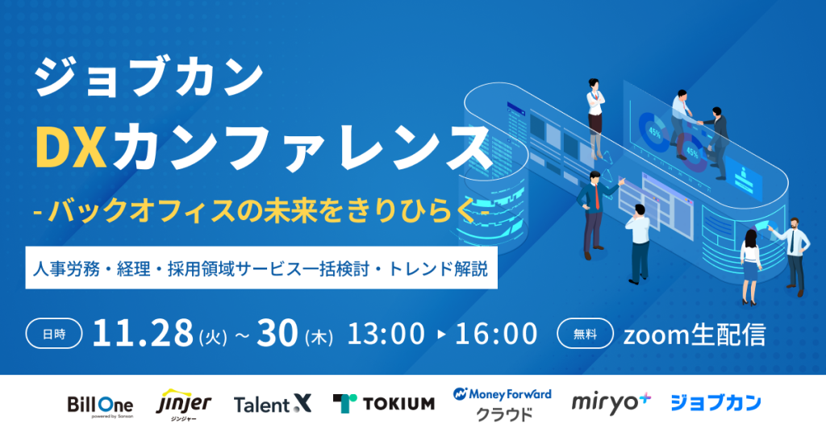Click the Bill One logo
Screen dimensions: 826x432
tap(100, 406)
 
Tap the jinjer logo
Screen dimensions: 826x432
tap(183, 405)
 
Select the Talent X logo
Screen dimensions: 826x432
tap(273, 404)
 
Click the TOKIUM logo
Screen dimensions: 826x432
tap(384, 404)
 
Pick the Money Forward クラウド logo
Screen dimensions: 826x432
tap(502, 404)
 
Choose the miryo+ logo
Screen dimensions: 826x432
tap(611, 403)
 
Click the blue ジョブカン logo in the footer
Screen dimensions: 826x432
tap(715, 403)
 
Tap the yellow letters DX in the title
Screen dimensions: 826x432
tap(71, 146)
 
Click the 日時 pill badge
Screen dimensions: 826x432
tap(54, 334)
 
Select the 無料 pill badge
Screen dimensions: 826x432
tap(586, 334)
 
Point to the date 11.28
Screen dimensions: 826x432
tap(143, 333)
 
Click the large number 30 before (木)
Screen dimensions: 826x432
tap(277, 333)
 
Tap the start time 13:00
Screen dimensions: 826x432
tap(386, 334)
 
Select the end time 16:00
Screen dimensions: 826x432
tap(496, 334)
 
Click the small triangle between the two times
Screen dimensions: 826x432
tap(441, 334)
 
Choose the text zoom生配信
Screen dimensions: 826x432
tap(695, 334)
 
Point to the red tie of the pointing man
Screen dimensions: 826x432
tap(597, 197)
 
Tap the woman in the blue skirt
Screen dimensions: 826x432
tap(749, 267)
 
